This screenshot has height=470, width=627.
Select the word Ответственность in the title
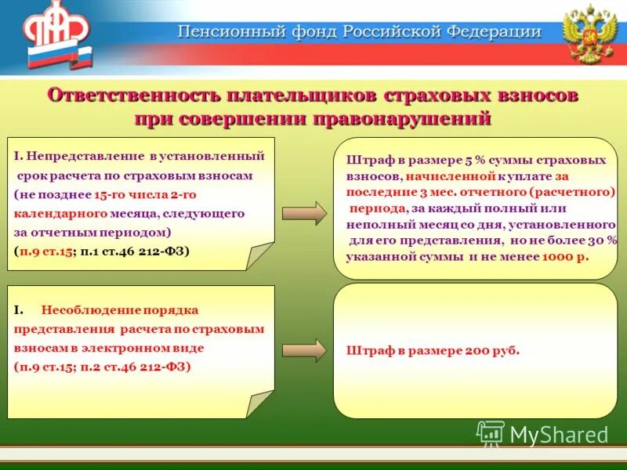coord(133,95)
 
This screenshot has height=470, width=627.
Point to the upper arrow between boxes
coord(304,212)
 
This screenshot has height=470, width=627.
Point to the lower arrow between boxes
coord(304,350)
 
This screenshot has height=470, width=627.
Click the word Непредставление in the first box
coord(87,157)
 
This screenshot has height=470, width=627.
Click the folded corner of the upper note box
coord(259,255)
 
